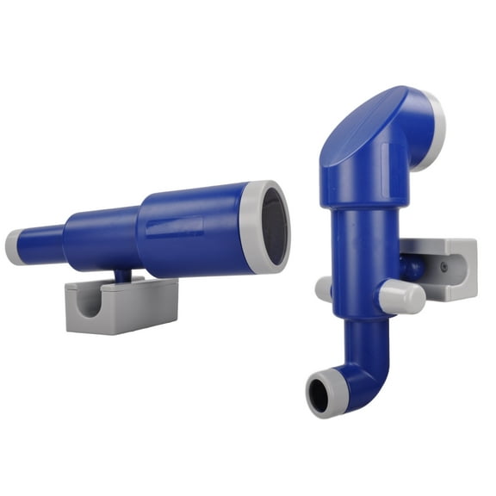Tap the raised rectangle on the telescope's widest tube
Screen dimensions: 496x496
177,227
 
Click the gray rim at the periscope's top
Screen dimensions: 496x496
432,129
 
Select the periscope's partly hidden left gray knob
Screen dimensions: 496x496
324,288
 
